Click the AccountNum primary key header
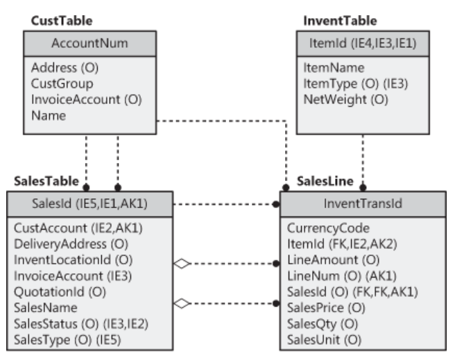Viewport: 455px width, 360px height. click(x=89, y=44)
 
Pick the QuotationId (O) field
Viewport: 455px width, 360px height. click(x=60, y=291)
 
